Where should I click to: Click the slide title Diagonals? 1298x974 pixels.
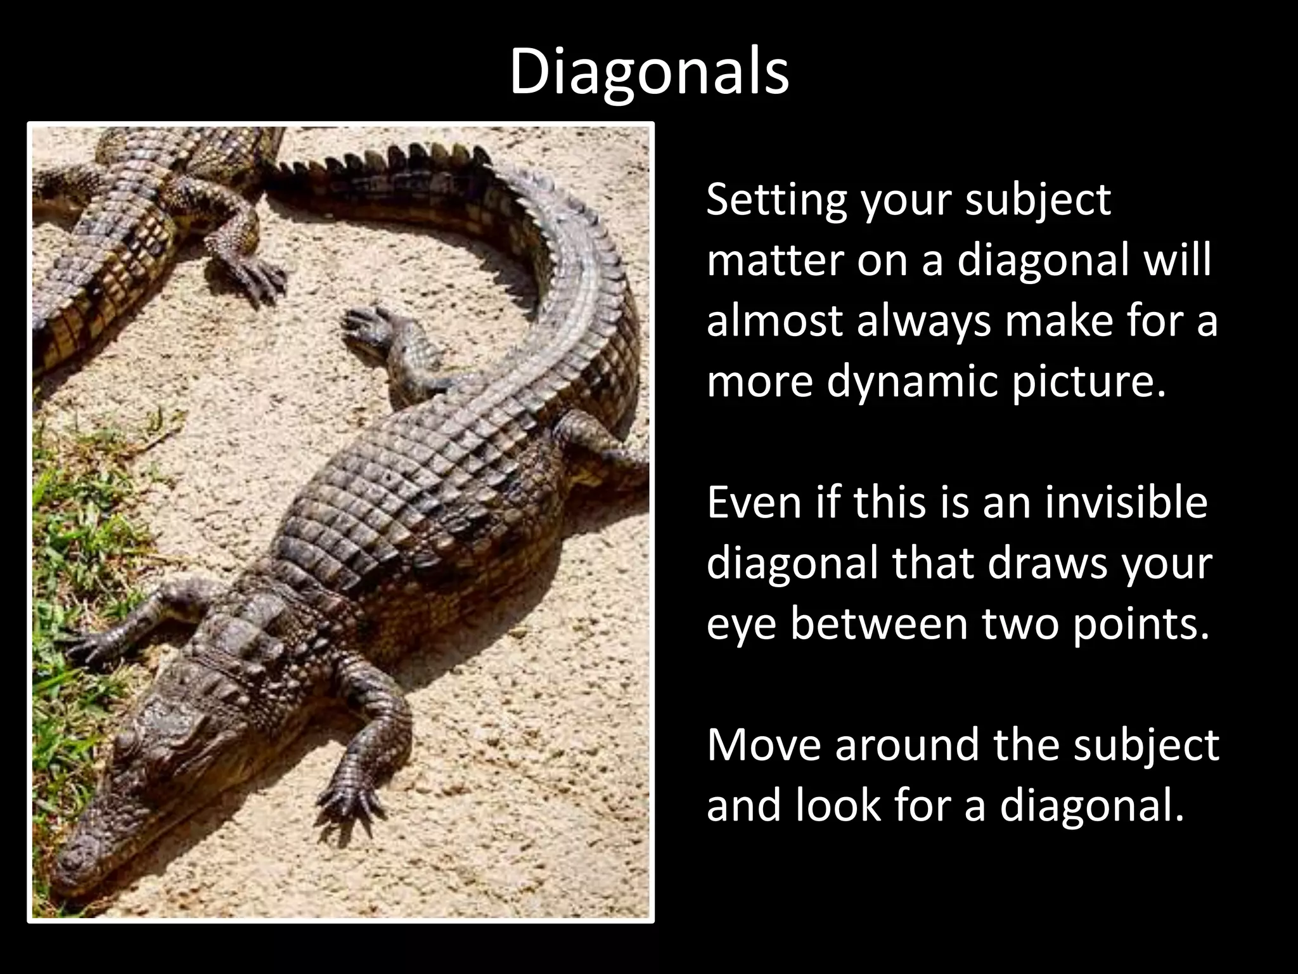[x=649, y=71]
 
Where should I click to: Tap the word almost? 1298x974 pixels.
[x=774, y=321]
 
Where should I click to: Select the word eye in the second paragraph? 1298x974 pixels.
[x=735, y=625]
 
